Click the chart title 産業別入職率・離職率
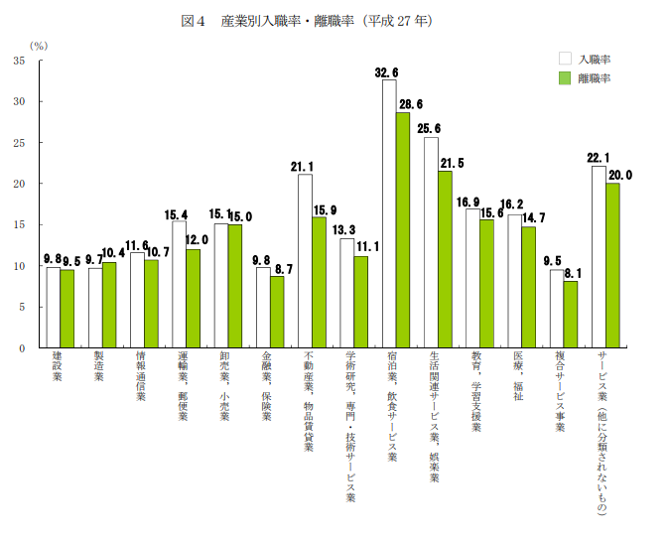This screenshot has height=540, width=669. pyautogui.click(x=328, y=21)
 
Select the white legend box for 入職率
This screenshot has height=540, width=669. pyautogui.click(x=565, y=59)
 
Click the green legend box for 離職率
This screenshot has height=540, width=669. pyautogui.click(x=565, y=77)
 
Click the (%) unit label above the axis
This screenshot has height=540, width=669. pyautogui.click(x=38, y=45)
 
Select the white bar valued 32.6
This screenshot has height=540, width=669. pyautogui.click(x=389, y=213)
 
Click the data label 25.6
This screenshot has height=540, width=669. pyautogui.click(x=430, y=129)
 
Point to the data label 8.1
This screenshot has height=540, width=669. pyautogui.click(x=571, y=273)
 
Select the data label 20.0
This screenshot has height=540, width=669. pyautogui.click(x=619, y=176)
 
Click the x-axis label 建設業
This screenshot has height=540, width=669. pyautogui.click(x=57, y=368)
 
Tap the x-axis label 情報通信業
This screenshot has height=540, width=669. pyautogui.click(x=141, y=378)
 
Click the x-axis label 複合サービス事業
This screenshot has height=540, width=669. pyautogui.click(x=560, y=393)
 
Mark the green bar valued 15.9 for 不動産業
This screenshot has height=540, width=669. pyautogui.click(x=319, y=283)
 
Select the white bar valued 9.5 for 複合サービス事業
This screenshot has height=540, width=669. pyautogui.click(x=557, y=309)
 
